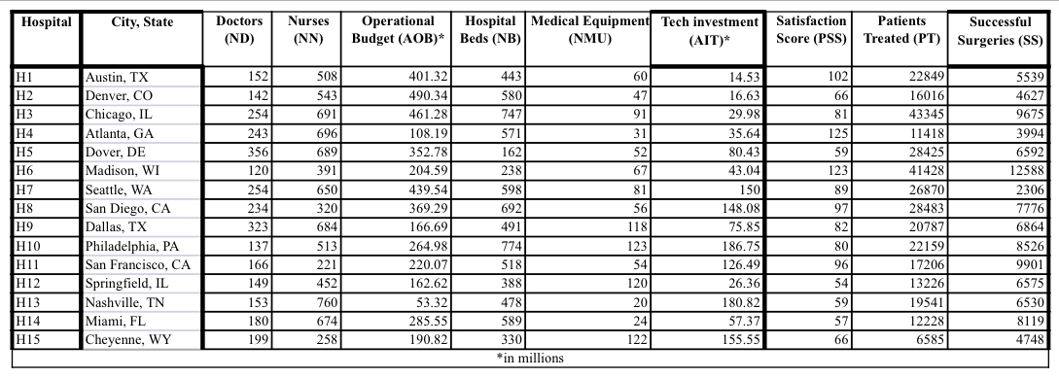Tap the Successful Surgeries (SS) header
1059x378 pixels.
tap(1000, 29)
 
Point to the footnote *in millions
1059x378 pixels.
tap(530, 357)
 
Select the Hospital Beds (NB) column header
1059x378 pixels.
tap(490, 29)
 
